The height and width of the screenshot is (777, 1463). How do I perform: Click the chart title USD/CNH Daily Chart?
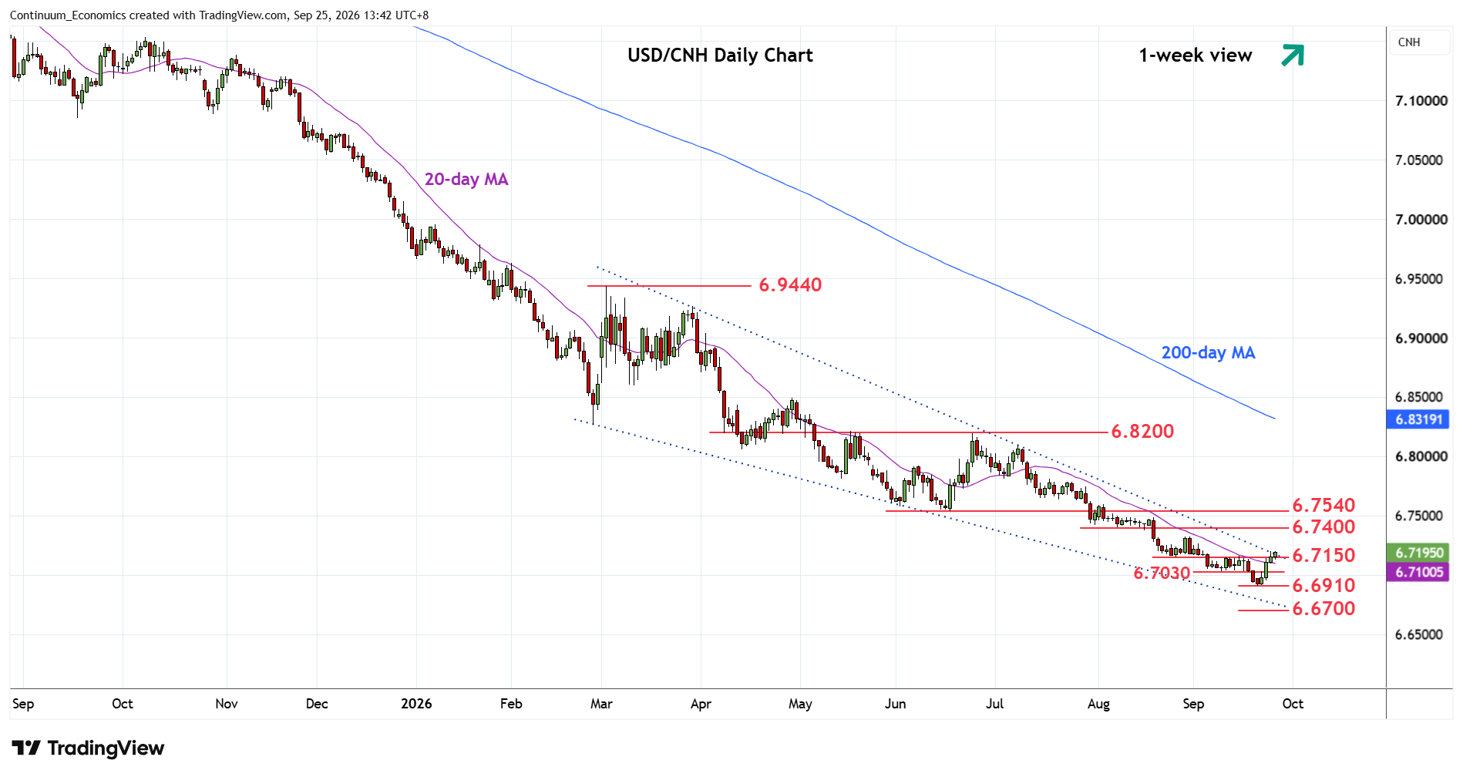[x=720, y=55]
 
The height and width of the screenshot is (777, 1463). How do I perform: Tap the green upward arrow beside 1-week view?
[x=1293, y=55]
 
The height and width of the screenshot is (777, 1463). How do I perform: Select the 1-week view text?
[x=1196, y=55]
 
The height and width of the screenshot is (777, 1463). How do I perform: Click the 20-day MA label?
[x=466, y=180]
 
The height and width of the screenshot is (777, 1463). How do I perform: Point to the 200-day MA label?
[x=1208, y=353]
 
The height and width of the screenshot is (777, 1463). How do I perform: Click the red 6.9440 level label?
[x=790, y=285]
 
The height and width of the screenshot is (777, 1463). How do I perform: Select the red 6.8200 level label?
[x=1142, y=432]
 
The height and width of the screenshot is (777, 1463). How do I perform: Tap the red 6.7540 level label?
[x=1323, y=506]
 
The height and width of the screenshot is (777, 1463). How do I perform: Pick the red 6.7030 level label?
[x=1162, y=573]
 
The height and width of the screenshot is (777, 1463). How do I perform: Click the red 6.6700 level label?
[x=1323, y=609]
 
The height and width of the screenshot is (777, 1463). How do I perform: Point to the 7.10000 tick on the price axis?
[x=1421, y=101]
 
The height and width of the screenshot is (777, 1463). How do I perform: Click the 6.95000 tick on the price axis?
[x=1421, y=279]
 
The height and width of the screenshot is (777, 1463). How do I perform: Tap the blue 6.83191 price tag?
[x=1418, y=419]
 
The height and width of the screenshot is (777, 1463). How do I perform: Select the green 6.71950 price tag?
[x=1418, y=553]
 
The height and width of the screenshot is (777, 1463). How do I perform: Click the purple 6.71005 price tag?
[x=1418, y=572]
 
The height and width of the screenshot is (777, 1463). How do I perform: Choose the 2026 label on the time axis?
[x=416, y=704]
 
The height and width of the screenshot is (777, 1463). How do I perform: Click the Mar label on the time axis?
[x=601, y=704]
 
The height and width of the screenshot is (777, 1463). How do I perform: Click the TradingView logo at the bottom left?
[x=88, y=748]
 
